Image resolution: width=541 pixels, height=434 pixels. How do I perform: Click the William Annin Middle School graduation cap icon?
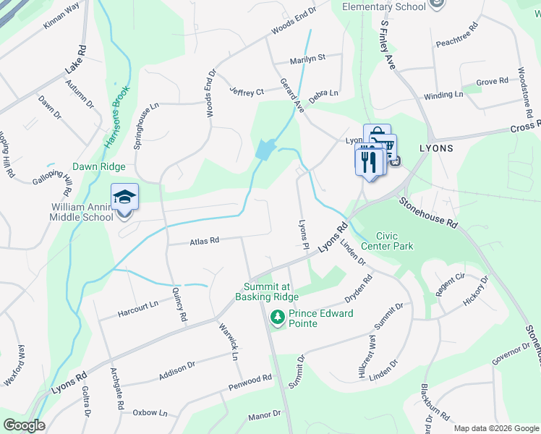point(124,197)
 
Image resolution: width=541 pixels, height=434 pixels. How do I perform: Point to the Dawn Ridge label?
point(99,166)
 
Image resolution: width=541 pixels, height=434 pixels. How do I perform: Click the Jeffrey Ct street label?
point(247,92)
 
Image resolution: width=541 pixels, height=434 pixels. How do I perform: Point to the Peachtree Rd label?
point(457,36)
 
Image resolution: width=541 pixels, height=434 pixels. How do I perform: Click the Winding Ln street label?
point(443,95)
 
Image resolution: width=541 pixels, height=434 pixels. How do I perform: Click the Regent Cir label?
point(449,283)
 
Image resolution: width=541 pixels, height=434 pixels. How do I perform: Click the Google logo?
point(24,425)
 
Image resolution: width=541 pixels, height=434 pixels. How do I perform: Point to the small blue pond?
point(264,150)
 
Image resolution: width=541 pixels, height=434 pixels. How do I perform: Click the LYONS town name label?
point(436,148)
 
